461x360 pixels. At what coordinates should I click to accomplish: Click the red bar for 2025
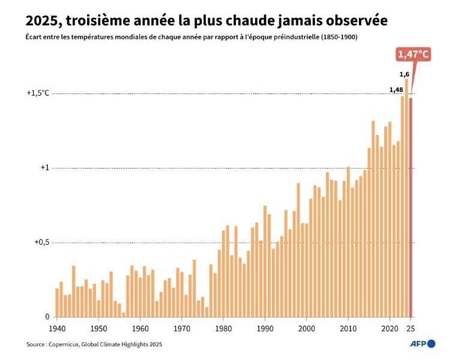tap(411, 207)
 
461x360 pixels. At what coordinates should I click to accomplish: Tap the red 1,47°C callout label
tap(414, 55)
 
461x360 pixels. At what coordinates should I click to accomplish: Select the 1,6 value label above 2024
tap(405, 74)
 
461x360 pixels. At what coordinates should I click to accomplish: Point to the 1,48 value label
tap(396, 90)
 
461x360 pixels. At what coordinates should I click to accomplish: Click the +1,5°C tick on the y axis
tap(38, 93)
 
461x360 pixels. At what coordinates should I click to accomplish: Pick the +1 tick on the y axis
tap(44, 168)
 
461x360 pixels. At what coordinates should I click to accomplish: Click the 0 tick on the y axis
tap(47, 317)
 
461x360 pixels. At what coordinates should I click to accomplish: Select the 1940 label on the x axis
tap(57, 328)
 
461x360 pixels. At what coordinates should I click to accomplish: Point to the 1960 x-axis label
tap(140, 328)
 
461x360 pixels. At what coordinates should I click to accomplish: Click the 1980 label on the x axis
tap(223, 328)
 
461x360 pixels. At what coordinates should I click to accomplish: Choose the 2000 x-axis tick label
tap(306, 328)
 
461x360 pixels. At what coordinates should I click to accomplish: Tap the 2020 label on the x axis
tap(390, 328)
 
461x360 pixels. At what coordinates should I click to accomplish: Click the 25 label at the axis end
tap(411, 328)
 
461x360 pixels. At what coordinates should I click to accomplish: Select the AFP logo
tap(423, 344)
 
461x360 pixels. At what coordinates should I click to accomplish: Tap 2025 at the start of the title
tap(43, 21)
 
